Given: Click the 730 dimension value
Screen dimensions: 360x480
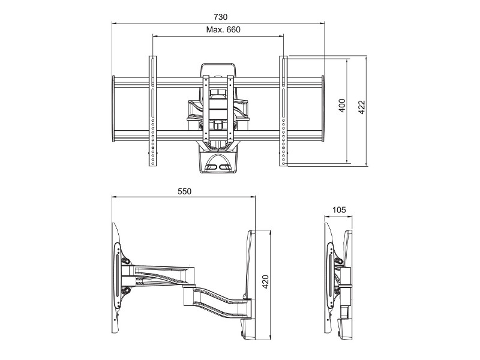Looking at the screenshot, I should [x=218, y=17].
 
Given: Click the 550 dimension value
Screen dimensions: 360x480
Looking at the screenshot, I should [x=184, y=191].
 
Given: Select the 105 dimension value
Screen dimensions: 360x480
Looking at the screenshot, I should [x=338, y=209].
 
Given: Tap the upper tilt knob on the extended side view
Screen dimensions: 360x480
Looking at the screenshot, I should [x=127, y=260].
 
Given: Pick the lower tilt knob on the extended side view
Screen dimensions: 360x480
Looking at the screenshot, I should [x=126, y=292].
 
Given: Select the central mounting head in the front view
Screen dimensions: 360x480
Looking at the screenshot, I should [x=217, y=108].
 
